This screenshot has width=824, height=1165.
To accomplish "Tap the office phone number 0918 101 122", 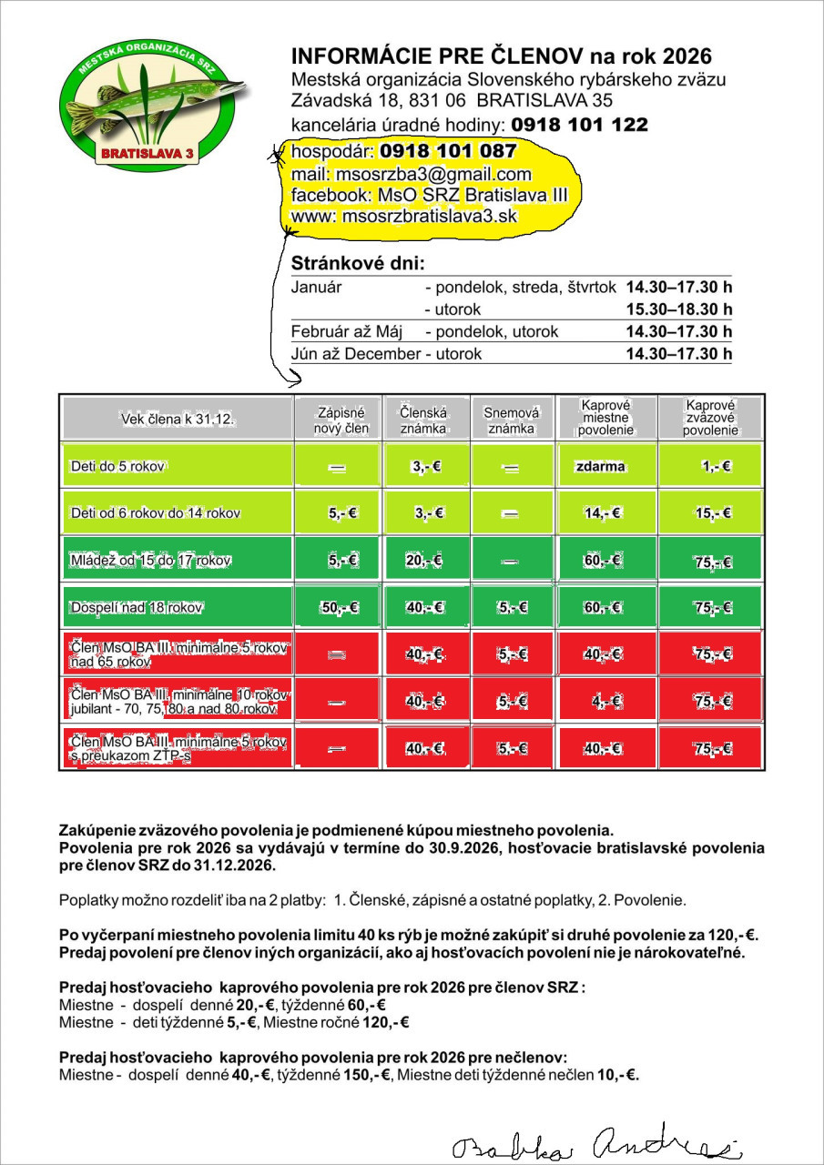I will pos(579,125).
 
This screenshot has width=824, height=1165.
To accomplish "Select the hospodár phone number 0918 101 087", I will pos(448,151).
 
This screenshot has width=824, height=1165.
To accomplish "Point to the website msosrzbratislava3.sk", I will pos(430,216).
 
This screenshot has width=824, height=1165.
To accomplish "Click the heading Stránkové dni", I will pos(357,264).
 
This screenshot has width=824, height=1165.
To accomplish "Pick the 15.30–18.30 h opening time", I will pos(678,309).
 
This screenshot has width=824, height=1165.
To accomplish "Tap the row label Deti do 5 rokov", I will pos(117,466).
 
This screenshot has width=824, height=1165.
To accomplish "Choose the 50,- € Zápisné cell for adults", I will pos(340,607).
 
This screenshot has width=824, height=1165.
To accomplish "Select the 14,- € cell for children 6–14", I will pos(602,513).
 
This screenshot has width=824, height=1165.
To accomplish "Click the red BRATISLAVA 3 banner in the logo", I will pos(148,155).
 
